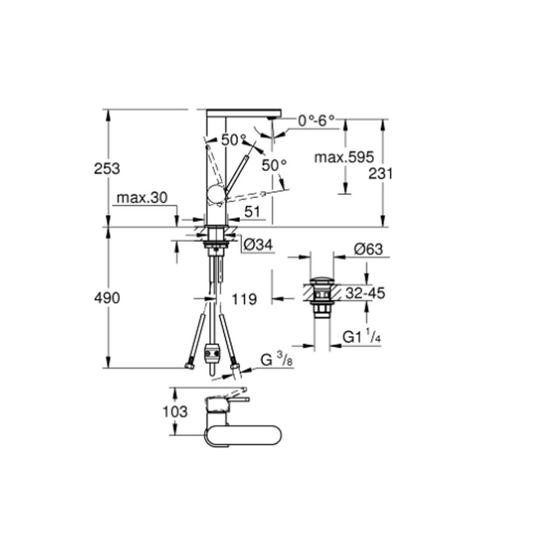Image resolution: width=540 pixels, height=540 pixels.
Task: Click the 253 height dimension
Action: pyautogui.click(x=107, y=168)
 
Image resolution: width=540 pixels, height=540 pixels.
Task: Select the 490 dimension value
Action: pyautogui.click(x=107, y=298)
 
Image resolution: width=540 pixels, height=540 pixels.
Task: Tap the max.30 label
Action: pyautogui.click(x=142, y=198)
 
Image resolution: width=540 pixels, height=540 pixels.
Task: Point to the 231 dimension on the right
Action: pyautogui.click(x=381, y=173)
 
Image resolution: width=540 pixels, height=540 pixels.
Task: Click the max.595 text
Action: pyautogui.click(x=344, y=157)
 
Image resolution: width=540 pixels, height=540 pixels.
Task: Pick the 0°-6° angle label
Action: pyautogui.click(x=316, y=120)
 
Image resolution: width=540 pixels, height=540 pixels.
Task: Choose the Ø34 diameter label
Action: pyautogui.click(x=258, y=245)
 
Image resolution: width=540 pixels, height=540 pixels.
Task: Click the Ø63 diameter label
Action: pyautogui.click(x=368, y=249)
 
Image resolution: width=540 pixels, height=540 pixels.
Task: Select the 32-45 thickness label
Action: pyautogui.click(x=365, y=293)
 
